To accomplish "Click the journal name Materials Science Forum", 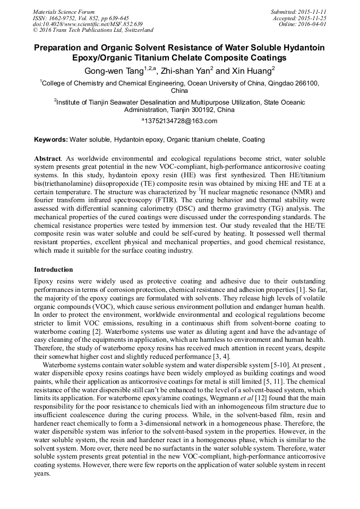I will tap(64, 12).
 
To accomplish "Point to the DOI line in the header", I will tap(88, 24).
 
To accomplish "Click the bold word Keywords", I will tap(50, 140).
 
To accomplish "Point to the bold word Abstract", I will tap(47, 159).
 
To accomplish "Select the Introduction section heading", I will tap(54, 270).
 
